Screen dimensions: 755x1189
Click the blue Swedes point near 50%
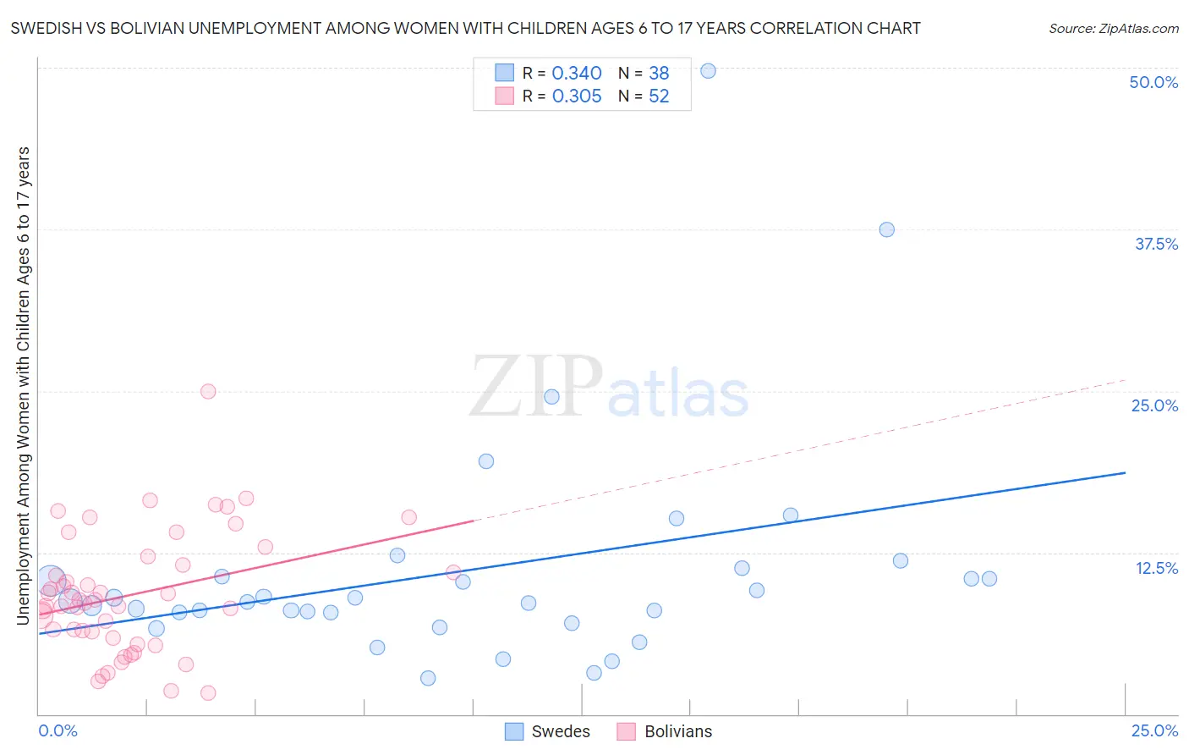(709, 71)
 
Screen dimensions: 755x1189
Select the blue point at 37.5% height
(886, 229)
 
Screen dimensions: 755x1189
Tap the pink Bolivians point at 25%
(208, 391)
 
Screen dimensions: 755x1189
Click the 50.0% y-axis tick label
(1153, 82)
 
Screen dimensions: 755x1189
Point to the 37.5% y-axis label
(1156, 244)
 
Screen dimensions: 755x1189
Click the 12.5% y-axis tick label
(1156, 568)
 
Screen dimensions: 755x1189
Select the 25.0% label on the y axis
(1154, 405)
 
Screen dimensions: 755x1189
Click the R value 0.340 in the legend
(577, 74)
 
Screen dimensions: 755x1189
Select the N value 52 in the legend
(659, 96)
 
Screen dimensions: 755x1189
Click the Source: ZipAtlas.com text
(1113, 29)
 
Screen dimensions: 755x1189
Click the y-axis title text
(23, 385)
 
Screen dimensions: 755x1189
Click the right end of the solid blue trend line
(1125, 472)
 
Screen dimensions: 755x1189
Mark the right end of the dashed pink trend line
(1125, 380)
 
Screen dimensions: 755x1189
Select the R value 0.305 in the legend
(577, 96)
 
